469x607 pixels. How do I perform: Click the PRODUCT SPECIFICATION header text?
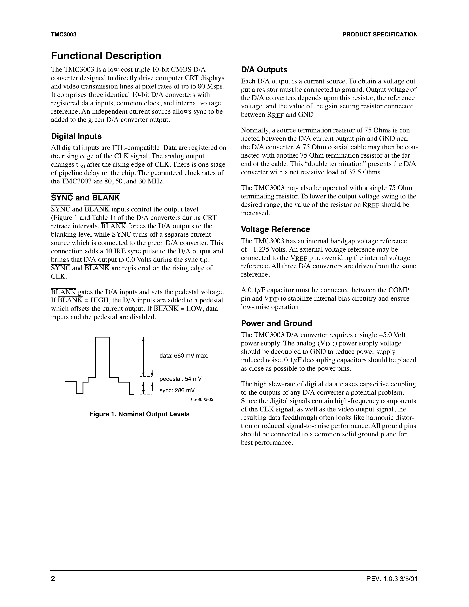[x=380, y=34]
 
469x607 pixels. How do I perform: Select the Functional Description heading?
[x=106, y=56]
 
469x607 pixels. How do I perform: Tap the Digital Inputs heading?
[x=76, y=136]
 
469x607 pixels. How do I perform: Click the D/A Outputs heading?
[x=264, y=70]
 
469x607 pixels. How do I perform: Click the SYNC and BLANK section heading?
[x=85, y=198]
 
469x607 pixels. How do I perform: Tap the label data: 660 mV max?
[x=184, y=356]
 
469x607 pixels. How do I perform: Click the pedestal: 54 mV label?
[x=180, y=379]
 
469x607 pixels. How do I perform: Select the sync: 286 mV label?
[x=177, y=390]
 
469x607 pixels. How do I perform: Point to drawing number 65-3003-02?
[x=202, y=400]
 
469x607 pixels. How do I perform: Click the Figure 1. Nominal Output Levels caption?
[x=139, y=414]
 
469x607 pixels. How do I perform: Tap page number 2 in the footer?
[x=53, y=579]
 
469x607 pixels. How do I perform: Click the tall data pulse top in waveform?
[x=103, y=337]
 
